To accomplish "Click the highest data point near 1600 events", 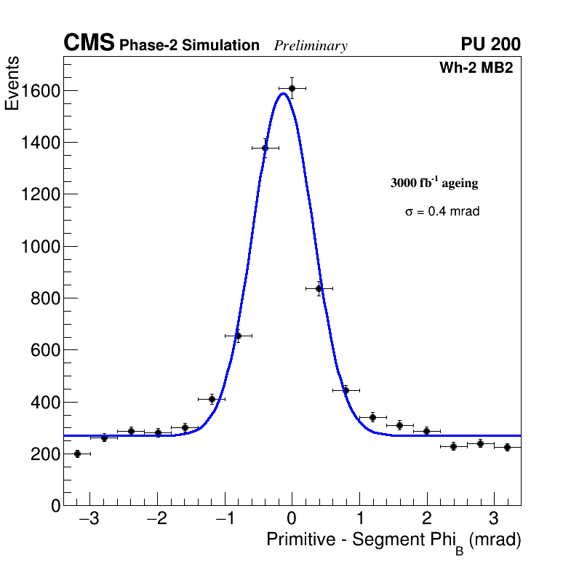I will coord(292,88).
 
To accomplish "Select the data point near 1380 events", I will coord(265,148).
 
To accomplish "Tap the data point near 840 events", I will coord(319,288).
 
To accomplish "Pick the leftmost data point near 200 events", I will coord(77,454).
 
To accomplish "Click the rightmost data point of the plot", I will coord(507,447).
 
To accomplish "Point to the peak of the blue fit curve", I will coord(282,93).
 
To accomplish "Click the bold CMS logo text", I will coord(89,44).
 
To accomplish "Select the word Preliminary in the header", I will coord(311,46).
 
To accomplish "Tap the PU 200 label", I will coord(490,44).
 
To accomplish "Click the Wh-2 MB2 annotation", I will coord(476,68).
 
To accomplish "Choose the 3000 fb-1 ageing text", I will coord(434,183).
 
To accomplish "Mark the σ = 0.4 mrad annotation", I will coord(442,212).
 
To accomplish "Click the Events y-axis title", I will coord(12,84).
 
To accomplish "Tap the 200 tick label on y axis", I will coord(46,454).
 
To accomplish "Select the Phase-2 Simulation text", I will coord(189,46).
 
